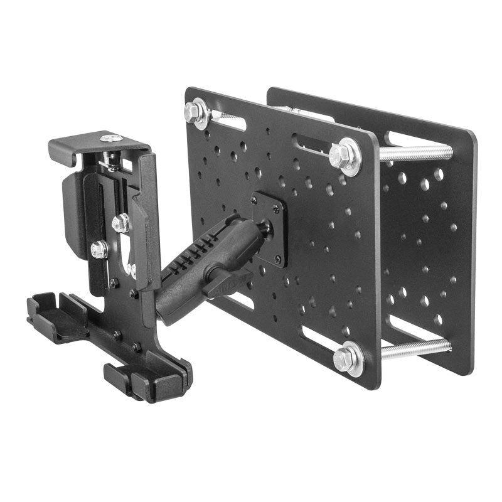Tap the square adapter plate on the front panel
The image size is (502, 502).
point(269,229)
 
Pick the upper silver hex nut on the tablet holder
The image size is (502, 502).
point(121,223)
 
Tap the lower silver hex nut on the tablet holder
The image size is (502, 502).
point(99,250)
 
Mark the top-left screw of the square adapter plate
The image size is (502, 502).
point(254,200)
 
